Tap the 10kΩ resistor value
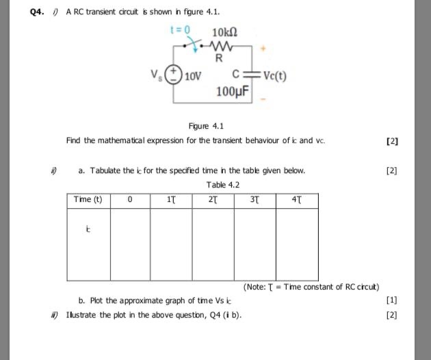coord(224,32)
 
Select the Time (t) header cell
coord(88,200)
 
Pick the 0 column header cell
coord(129,200)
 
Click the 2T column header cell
coord(213,200)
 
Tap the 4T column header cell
coord(296,200)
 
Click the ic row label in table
coord(88,231)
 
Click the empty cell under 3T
coord(254,244)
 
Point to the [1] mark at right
coord(391,300)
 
